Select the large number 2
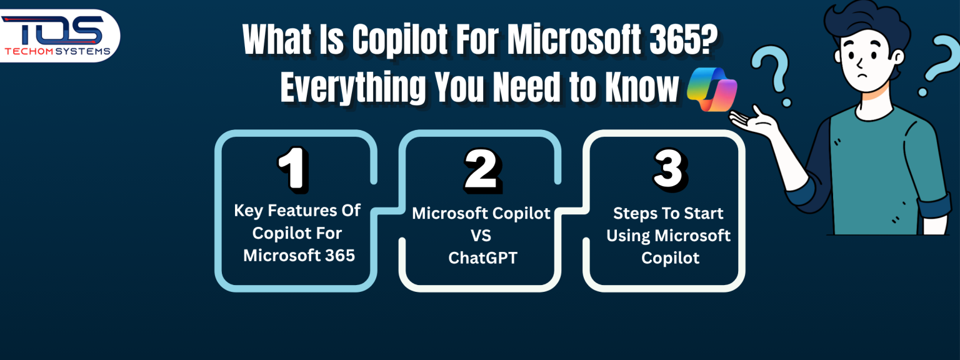pos(482,171)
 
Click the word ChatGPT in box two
pos(482,257)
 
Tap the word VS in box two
pos(481,236)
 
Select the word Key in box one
pos(248,211)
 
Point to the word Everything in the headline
pos(354,88)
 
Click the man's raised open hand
pos(751,119)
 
